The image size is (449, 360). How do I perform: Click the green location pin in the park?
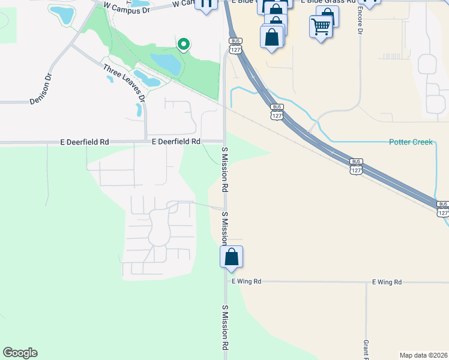[x=184, y=44]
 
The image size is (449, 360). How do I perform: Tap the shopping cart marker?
[x=321, y=26]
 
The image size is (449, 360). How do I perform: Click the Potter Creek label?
[x=411, y=142]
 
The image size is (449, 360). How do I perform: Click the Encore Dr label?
[x=360, y=22]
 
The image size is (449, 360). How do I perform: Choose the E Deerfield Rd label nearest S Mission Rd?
[x=176, y=142]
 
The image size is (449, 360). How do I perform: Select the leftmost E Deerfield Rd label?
[x=85, y=142]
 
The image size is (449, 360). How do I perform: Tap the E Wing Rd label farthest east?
[x=387, y=281]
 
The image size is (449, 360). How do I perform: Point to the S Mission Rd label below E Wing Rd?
[x=225, y=328]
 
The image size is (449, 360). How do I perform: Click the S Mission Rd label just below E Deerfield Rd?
[x=225, y=169]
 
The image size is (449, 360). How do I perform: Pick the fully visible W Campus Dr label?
[x=126, y=6]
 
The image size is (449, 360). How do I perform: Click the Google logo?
[x=20, y=353]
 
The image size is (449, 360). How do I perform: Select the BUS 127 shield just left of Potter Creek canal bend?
[x=276, y=111]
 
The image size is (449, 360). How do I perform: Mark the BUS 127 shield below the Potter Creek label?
[x=356, y=166]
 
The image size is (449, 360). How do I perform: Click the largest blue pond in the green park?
[x=166, y=63]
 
